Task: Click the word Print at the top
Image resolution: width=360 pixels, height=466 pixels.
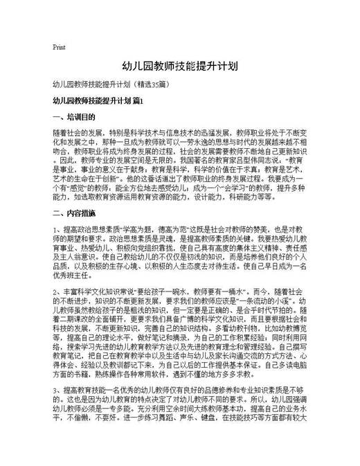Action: (59, 47)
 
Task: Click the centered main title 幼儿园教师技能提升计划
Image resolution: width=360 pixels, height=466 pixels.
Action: (180, 66)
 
